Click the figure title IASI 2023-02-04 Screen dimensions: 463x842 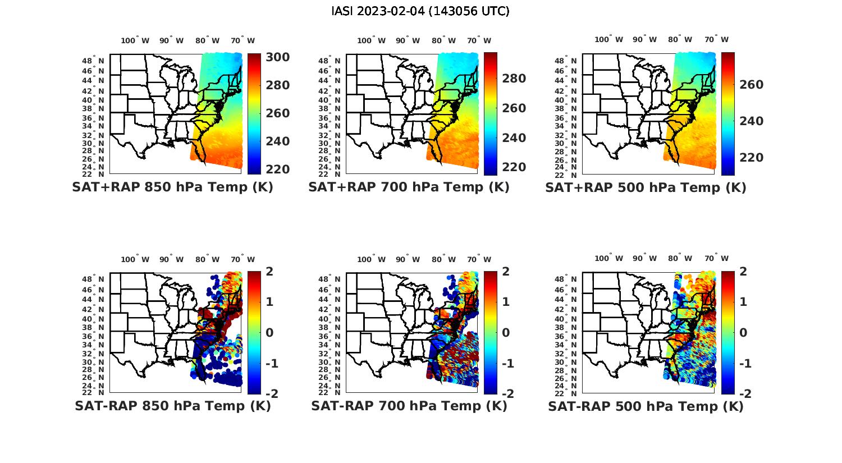[x=420, y=11]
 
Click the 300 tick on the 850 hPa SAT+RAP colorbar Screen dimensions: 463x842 [x=278, y=57]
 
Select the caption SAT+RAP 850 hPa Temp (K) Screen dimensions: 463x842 [x=172, y=187]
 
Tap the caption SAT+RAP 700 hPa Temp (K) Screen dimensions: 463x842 [x=409, y=187]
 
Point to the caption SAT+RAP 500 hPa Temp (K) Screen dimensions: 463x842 [x=646, y=187]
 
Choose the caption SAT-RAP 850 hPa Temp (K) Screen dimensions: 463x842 [x=172, y=406]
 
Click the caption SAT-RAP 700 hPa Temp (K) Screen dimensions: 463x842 [x=409, y=406]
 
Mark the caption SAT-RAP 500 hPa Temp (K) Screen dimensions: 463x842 [x=646, y=406]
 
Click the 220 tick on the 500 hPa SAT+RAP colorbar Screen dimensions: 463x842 [x=752, y=158]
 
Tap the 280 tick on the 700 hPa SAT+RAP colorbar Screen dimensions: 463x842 [x=514, y=79]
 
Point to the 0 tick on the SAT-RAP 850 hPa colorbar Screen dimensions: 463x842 [x=269, y=332]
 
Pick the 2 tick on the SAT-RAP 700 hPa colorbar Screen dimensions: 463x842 [x=506, y=272]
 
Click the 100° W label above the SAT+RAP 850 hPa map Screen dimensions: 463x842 [x=135, y=40]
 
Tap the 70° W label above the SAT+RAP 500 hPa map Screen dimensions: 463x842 [x=717, y=39]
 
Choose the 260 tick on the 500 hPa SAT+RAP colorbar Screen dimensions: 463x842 [x=752, y=85]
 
